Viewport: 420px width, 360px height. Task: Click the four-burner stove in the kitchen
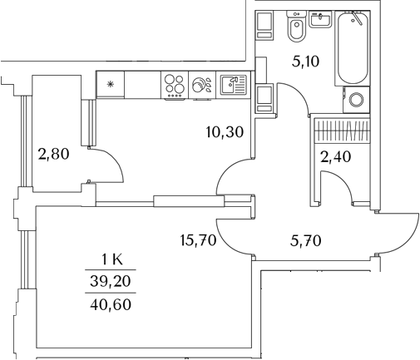pyautogui.click(x=175, y=85)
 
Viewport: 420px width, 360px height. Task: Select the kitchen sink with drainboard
pyautogui.click(x=233, y=85)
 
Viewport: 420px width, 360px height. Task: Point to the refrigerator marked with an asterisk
pyautogui.click(x=110, y=84)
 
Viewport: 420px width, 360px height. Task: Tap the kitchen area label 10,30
pyautogui.click(x=225, y=131)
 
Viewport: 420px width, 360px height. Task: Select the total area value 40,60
pyautogui.click(x=114, y=305)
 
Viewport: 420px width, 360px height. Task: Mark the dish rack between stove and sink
pyautogui.click(x=201, y=85)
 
